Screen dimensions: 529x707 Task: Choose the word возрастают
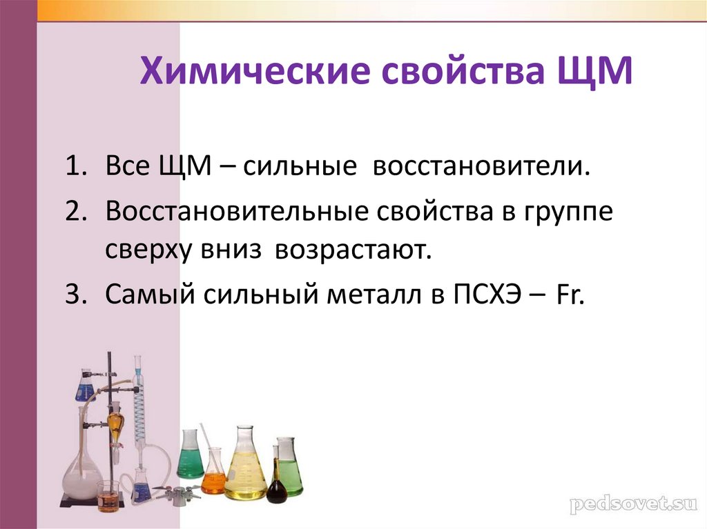(x=353, y=250)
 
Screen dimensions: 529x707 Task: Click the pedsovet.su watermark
(x=629, y=503)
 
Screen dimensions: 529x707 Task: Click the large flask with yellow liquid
(x=246, y=472)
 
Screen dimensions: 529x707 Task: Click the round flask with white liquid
(x=81, y=476)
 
